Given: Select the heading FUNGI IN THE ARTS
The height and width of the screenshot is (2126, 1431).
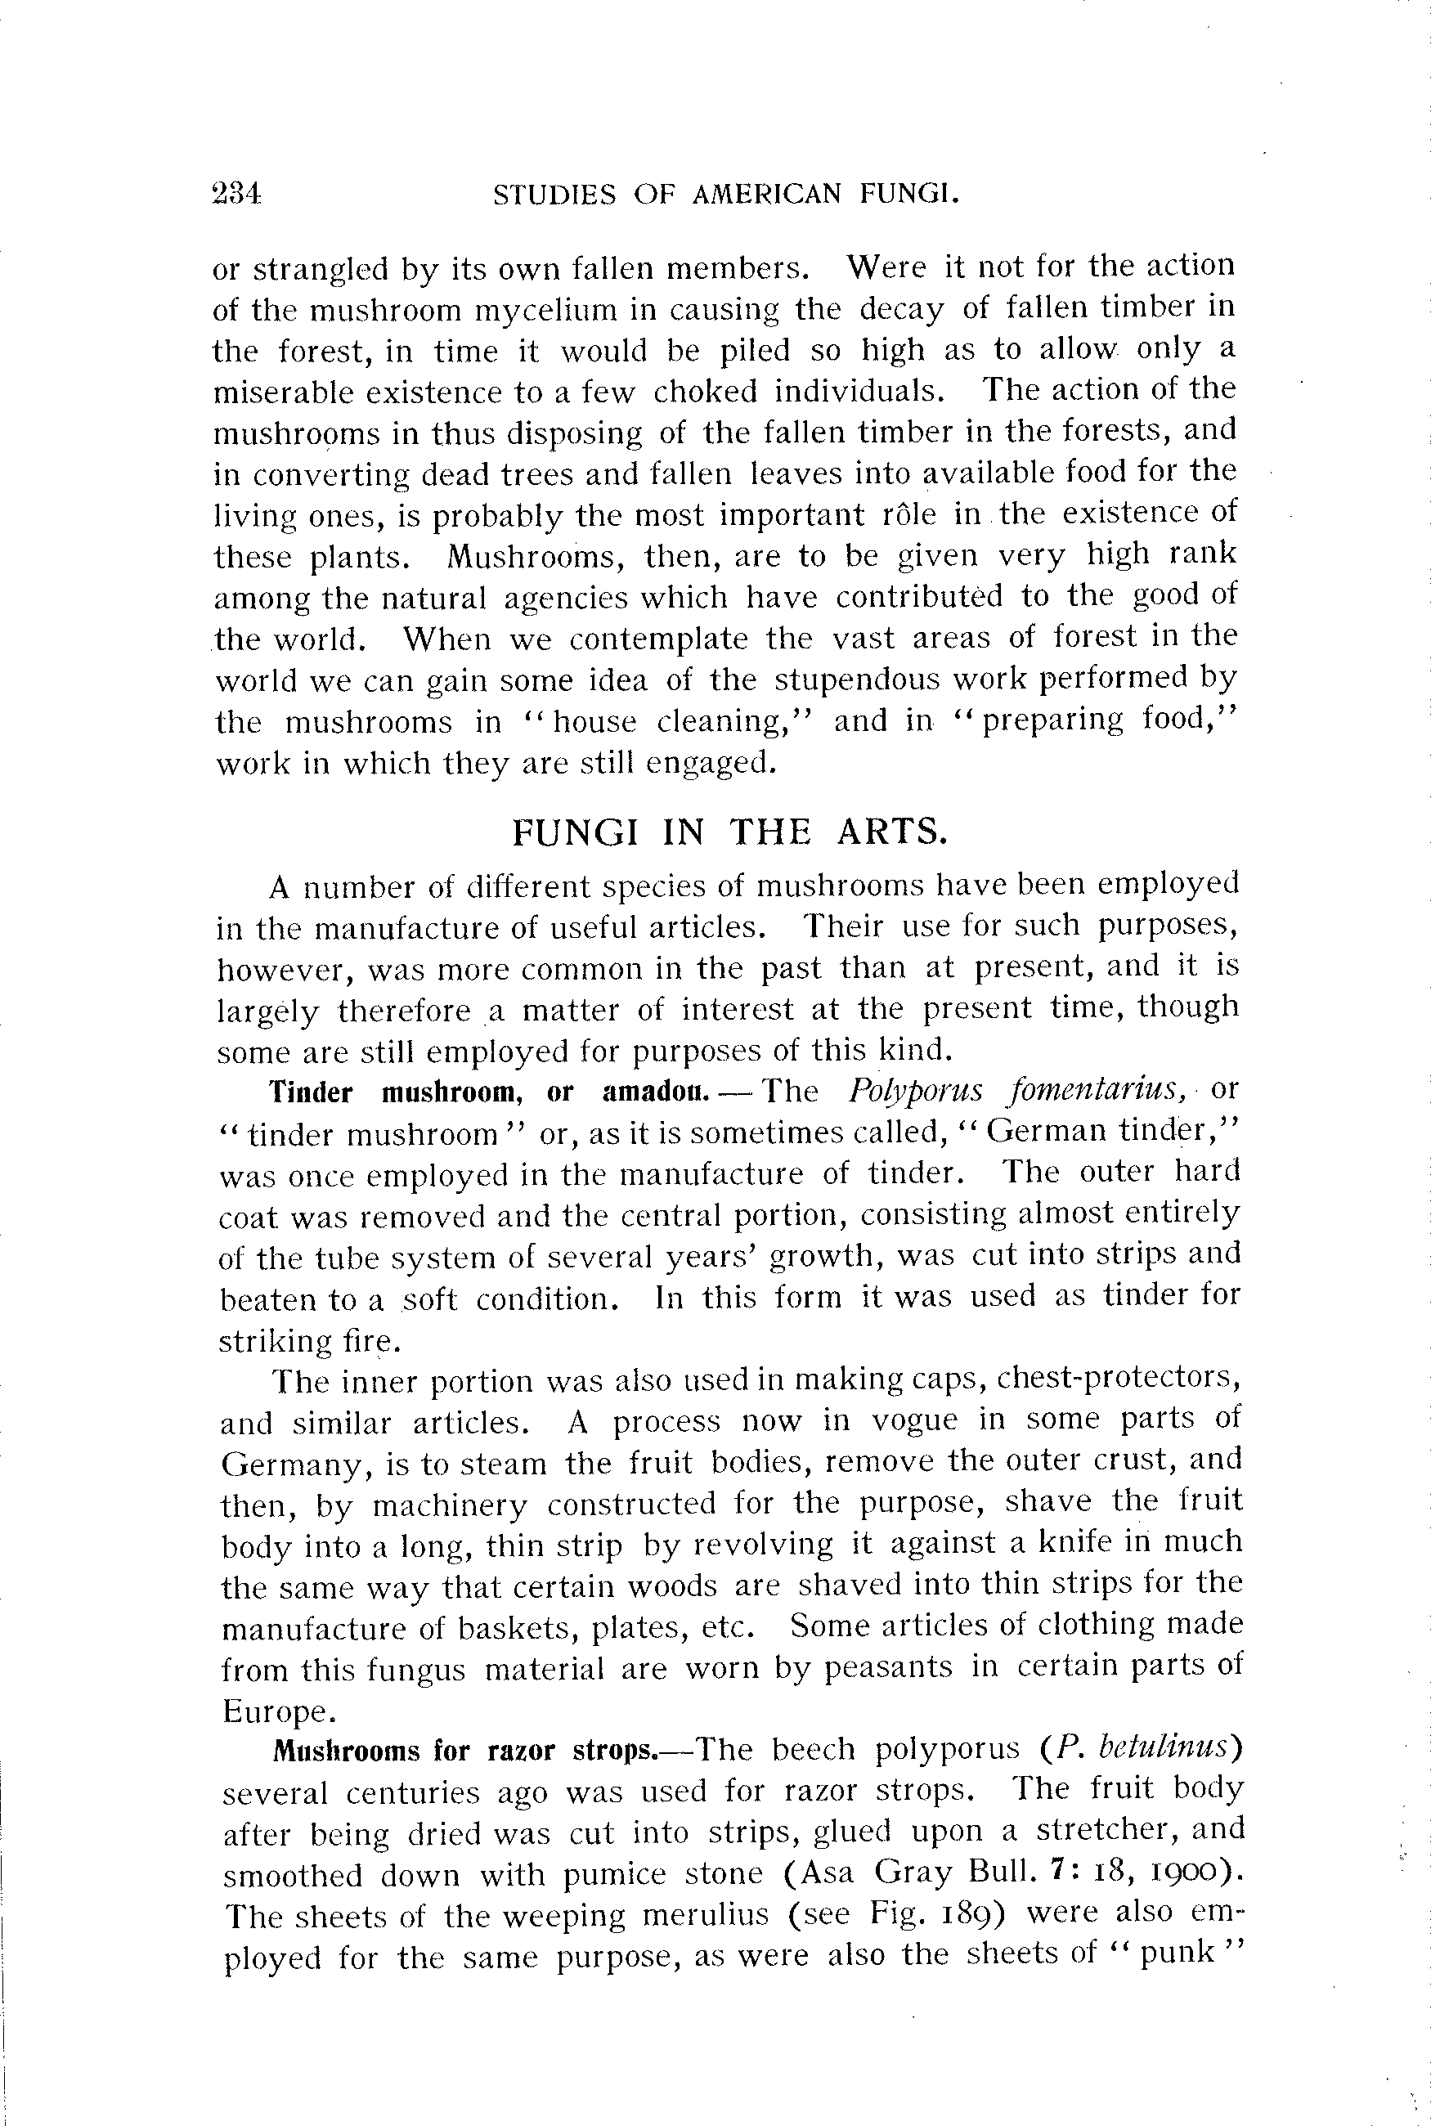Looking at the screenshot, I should (x=726, y=832).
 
